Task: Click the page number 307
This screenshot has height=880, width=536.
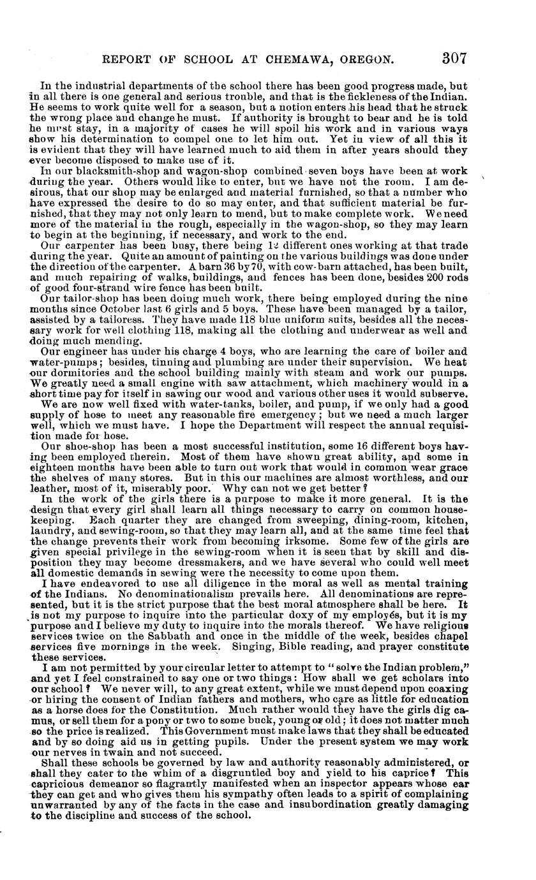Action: (x=454, y=57)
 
